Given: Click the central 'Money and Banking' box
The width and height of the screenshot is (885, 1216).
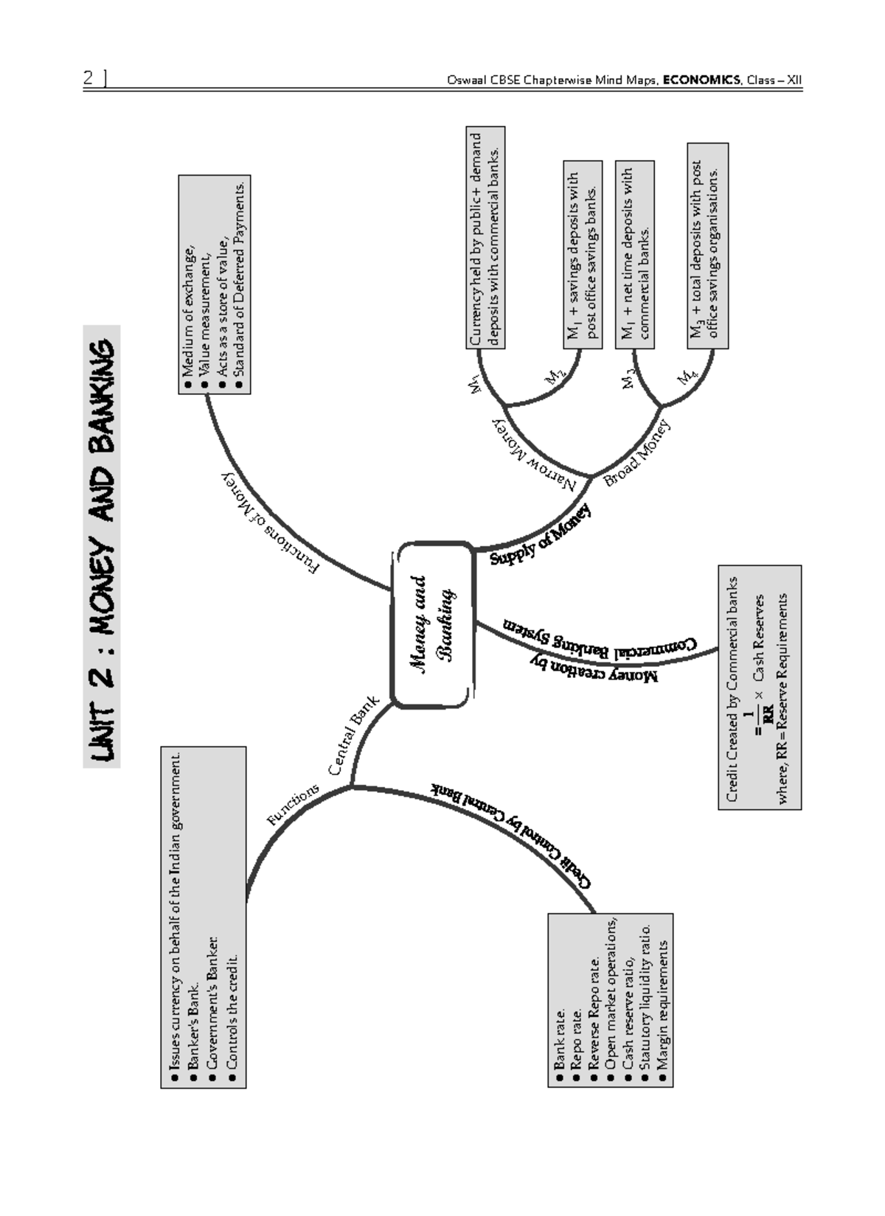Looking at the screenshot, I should (431, 625).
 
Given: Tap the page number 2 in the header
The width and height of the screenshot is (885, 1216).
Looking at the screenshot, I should (88, 78).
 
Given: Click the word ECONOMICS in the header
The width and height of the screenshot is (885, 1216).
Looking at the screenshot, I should (701, 80).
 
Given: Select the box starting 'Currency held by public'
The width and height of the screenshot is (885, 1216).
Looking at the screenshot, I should (486, 240).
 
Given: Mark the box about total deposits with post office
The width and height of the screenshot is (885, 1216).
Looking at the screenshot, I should (707, 246).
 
